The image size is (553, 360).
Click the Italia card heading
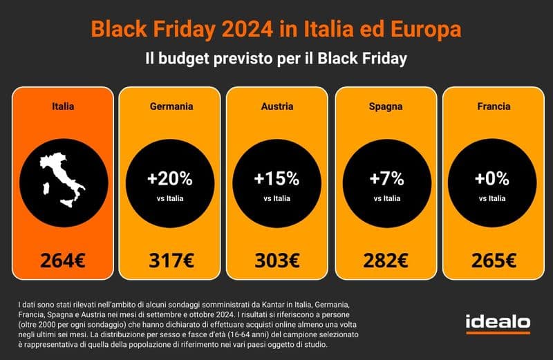tap(63, 106)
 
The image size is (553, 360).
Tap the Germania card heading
tap(171, 106)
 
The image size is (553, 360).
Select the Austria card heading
tap(276, 106)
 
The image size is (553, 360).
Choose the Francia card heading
tap(494, 106)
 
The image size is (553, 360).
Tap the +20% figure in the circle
tap(170, 178)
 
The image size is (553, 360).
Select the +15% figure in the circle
tap(276, 178)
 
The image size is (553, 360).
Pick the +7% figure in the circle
tap(386, 178)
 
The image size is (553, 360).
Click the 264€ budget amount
tap(63, 261)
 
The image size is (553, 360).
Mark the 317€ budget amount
tap(171, 261)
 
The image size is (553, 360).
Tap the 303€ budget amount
tap(276, 261)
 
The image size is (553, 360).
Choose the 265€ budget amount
tap(494, 261)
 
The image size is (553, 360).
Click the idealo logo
tap(498, 322)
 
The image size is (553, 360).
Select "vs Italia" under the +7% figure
tap(386, 198)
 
